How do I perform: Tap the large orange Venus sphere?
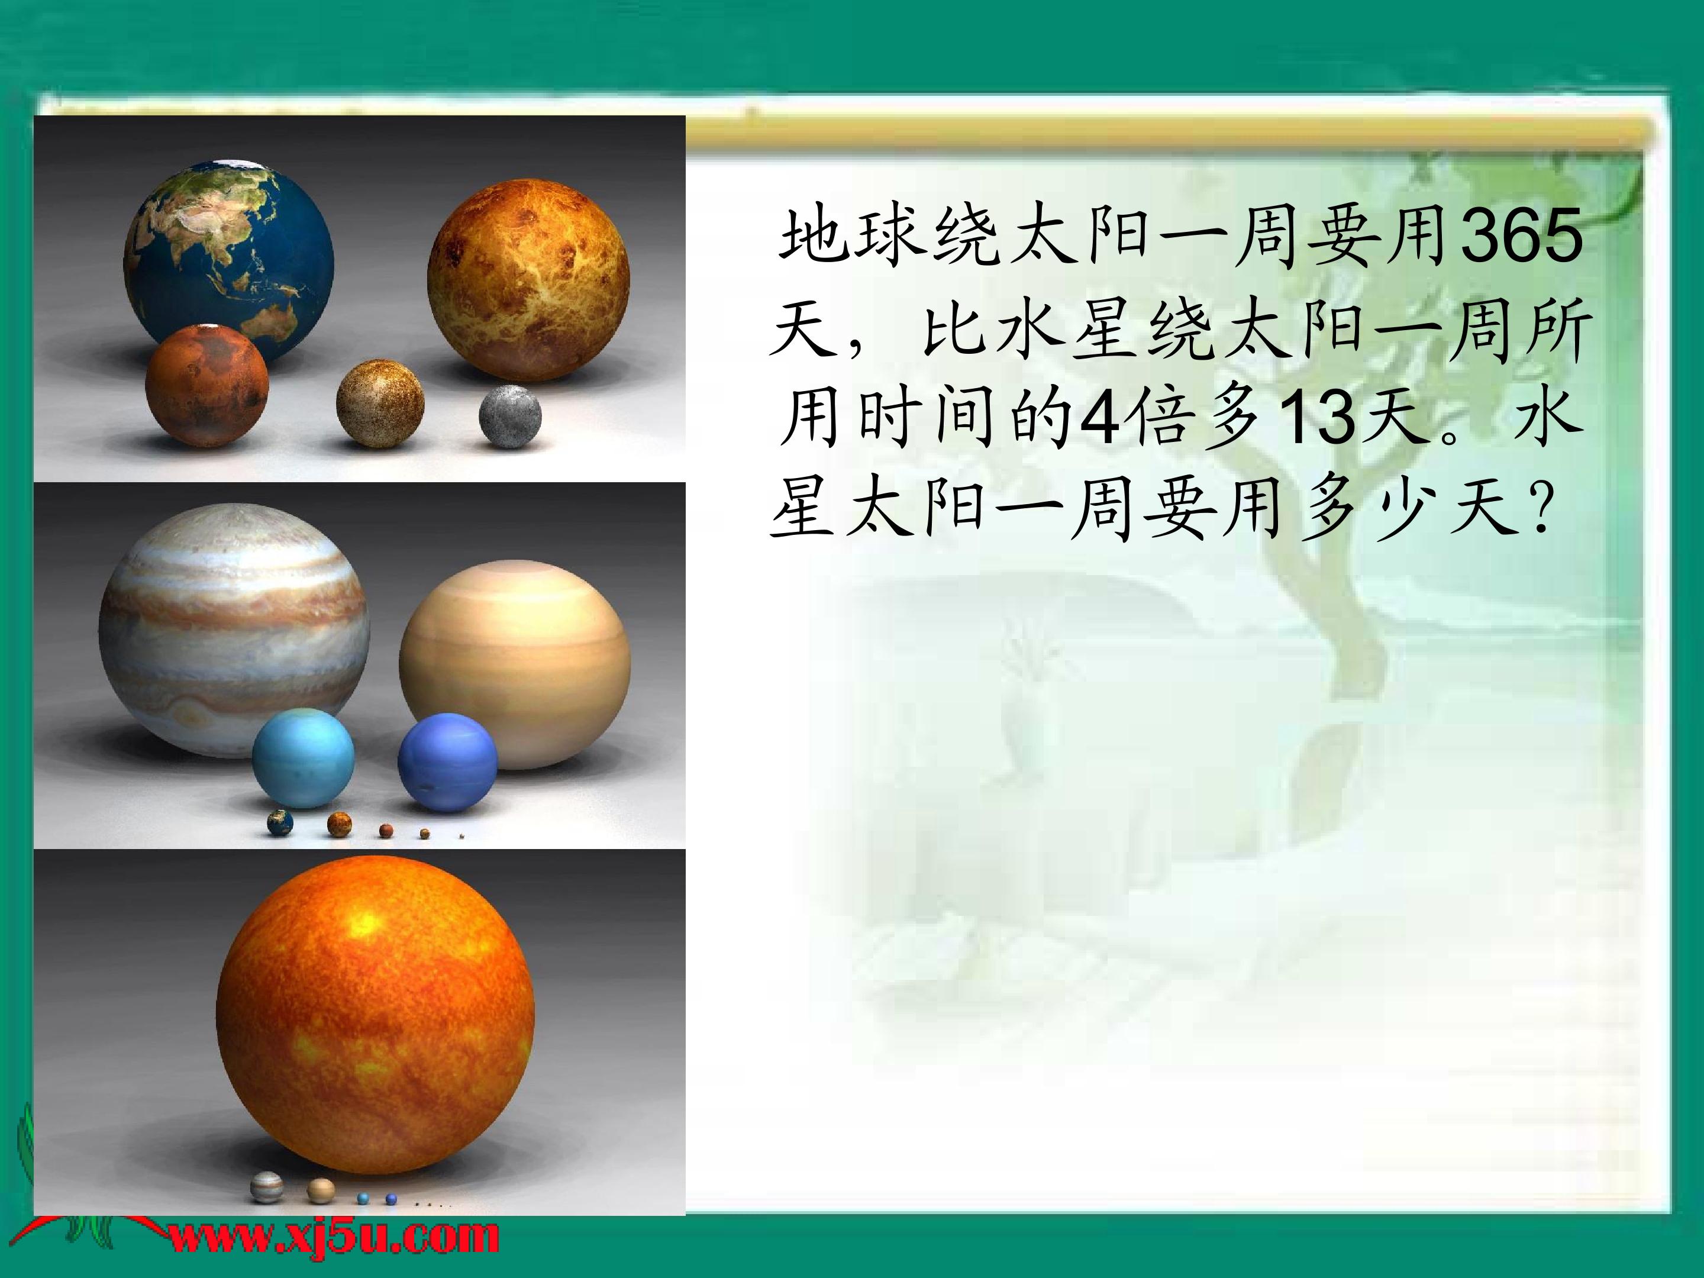(x=528, y=280)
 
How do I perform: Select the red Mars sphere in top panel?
(x=207, y=386)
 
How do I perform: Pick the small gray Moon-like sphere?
(x=510, y=416)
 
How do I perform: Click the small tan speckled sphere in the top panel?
(x=380, y=403)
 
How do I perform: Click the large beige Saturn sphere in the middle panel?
(x=515, y=664)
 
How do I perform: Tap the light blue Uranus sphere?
(x=304, y=759)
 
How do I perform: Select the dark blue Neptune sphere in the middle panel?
(x=447, y=763)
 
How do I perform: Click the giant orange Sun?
(x=375, y=1015)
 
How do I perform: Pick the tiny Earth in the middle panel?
(x=280, y=823)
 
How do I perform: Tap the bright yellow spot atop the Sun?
(x=365, y=923)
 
